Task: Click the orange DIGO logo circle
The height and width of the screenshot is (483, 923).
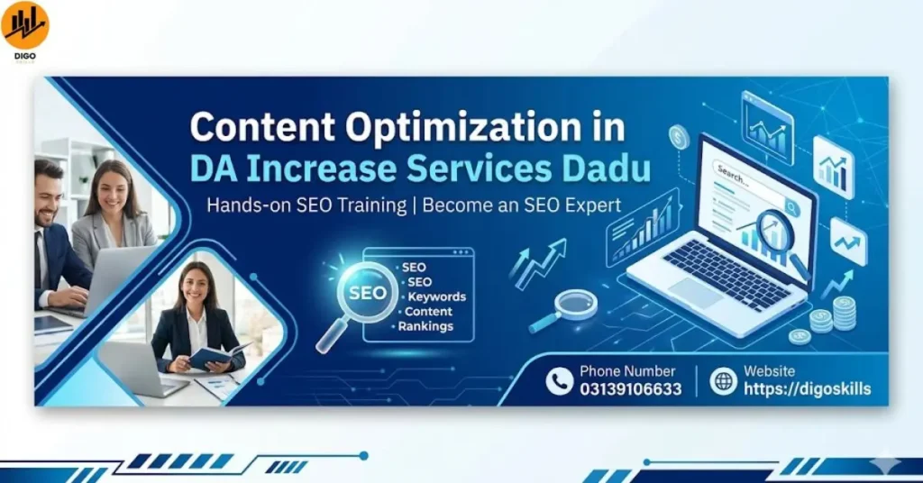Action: coord(25,25)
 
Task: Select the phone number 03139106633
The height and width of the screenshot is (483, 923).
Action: coord(630,389)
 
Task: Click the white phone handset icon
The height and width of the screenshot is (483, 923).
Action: coord(559,381)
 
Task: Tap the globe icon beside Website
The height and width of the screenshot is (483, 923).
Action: coord(723,381)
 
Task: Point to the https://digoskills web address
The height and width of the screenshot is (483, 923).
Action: coord(807,389)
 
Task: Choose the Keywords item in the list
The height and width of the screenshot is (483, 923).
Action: coord(436,296)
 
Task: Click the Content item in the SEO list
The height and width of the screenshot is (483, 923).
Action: coord(428,312)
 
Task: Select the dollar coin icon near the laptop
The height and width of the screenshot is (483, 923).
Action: coord(679,138)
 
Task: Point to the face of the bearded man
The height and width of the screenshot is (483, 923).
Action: coord(48,195)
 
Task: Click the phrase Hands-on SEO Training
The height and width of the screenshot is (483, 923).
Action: coord(306,205)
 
